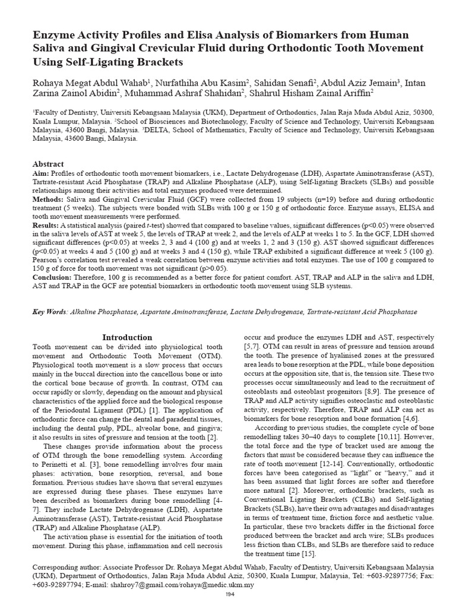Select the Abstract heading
coord(47,164)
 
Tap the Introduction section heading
coord(127,337)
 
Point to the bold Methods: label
coord(49,201)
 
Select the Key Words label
coord(49,312)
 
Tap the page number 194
coord(228,594)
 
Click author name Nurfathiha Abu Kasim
coord(190,81)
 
